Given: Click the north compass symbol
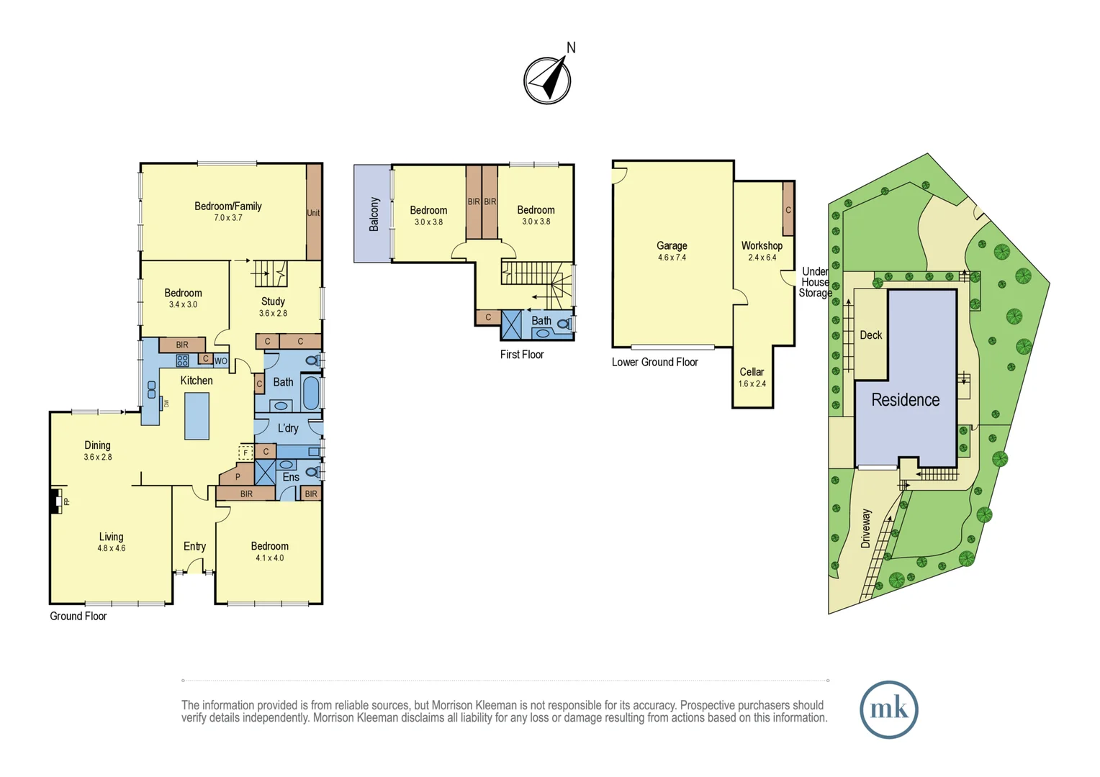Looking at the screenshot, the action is pyautogui.click(x=547, y=80).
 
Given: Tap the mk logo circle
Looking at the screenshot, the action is pyautogui.click(x=889, y=709).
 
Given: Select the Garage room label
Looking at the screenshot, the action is pyautogui.click(x=672, y=245).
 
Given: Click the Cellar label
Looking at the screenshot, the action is pyautogui.click(x=752, y=371).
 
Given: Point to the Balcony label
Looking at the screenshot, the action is pyautogui.click(x=374, y=214).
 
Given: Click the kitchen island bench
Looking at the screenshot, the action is pyautogui.click(x=197, y=416).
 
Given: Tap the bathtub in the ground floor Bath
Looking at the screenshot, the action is pyautogui.click(x=311, y=391).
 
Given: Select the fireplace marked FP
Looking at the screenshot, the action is pyautogui.click(x=56, y=501).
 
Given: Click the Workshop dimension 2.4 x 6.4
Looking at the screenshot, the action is pyautogui.click(x=762, y=257).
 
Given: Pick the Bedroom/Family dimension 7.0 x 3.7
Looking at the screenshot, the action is pyautogui.click(x=228, y=217).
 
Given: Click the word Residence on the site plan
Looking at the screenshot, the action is pyautogui.click(x=906, y=399).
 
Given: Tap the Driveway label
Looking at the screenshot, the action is pyautogui.click(x=866, y=528).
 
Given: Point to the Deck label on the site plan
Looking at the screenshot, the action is pyautogui.click(x=870, y=335).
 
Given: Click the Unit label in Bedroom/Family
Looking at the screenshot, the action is pyautogui.click(x=313, y=212).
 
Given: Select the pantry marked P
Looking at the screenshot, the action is pyautogui.click(x=238, y=476).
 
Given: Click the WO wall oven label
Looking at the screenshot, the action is pyautogui.click(x=221, y=361).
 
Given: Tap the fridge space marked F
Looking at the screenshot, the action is pyautogui.click(x=245, y=453).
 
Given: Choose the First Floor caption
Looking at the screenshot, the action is pyautogui.click(x=522, y=355).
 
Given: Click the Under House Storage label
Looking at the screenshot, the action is pyautogui.click(x=815, y=282).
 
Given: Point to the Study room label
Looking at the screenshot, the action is pyautogui.click(x=273, y=301).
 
